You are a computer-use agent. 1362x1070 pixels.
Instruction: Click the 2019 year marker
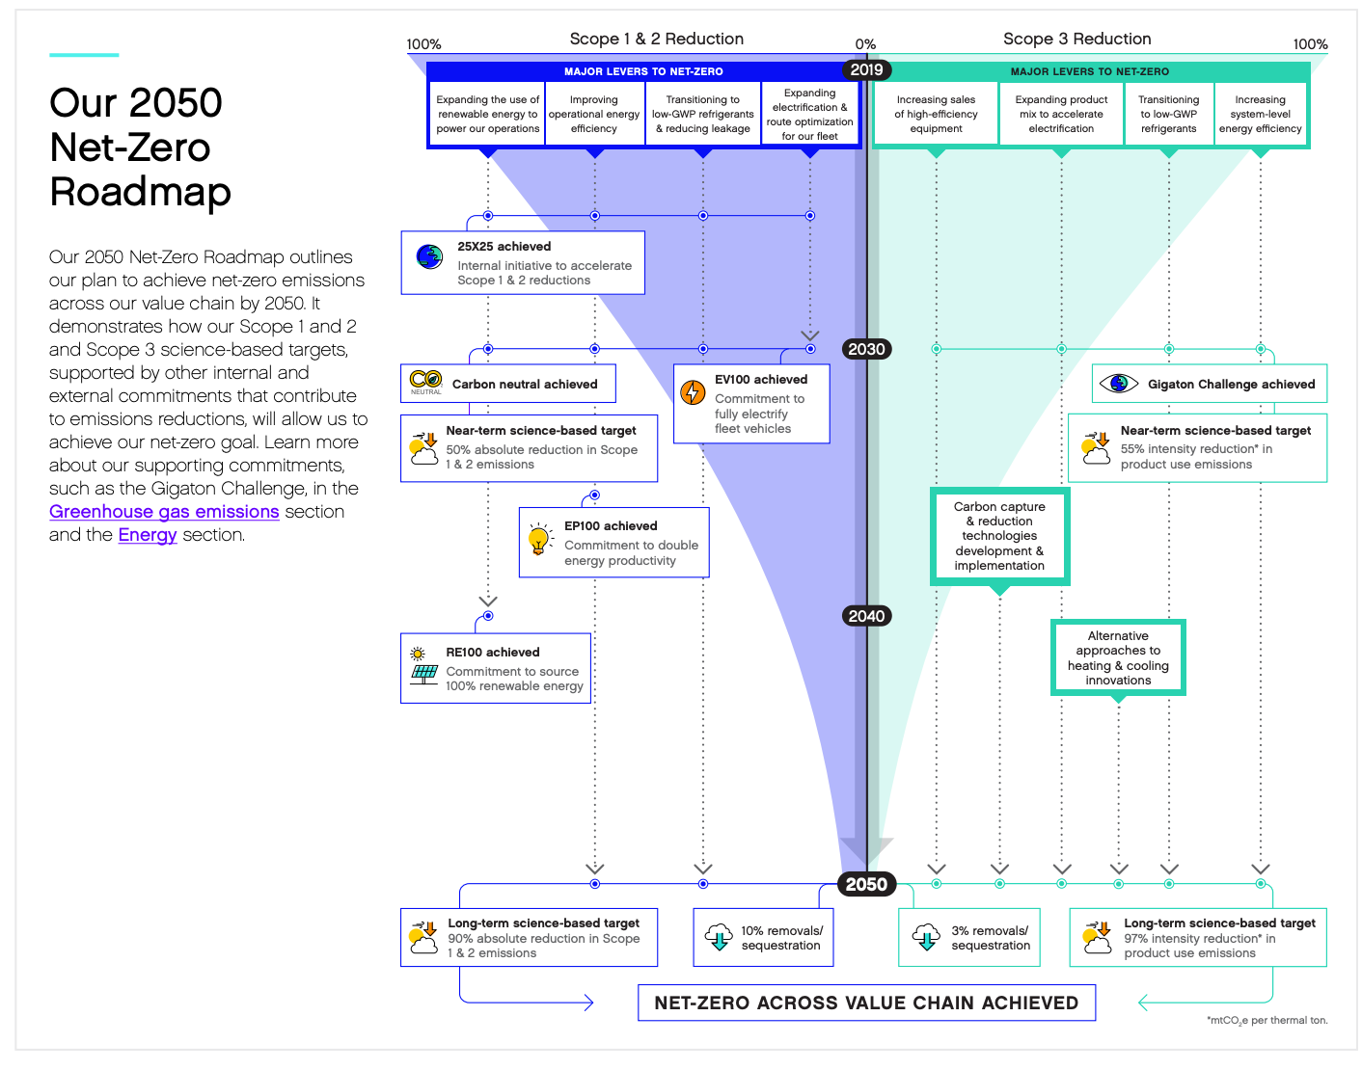865,69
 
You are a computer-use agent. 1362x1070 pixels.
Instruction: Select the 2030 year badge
865,348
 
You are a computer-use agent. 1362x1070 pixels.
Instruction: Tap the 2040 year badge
865,615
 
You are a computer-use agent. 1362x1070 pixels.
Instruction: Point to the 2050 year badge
865,883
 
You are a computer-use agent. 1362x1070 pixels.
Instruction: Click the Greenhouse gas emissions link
164,511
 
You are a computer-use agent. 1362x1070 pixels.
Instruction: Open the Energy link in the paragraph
148,534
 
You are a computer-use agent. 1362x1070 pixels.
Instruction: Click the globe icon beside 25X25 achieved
429,256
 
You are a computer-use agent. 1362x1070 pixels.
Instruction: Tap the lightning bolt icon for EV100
692,391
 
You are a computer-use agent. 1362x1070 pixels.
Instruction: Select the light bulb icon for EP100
537,538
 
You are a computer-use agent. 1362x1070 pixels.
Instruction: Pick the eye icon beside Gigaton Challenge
1117,384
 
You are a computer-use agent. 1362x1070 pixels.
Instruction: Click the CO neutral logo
425,382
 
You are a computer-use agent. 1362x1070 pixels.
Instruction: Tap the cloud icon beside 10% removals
719,937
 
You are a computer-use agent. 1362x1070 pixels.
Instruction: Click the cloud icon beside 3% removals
925,937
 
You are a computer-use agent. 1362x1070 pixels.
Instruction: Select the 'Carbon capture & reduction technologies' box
998,536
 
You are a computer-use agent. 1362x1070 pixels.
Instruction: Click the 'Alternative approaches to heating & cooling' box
1117,657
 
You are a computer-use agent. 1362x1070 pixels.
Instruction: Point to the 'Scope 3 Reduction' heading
1076,39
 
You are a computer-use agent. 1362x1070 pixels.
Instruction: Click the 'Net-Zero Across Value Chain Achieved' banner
865,1002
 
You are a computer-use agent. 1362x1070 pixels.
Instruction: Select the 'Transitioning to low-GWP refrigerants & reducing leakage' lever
702,114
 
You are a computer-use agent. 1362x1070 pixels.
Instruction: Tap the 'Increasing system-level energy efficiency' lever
1259,114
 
